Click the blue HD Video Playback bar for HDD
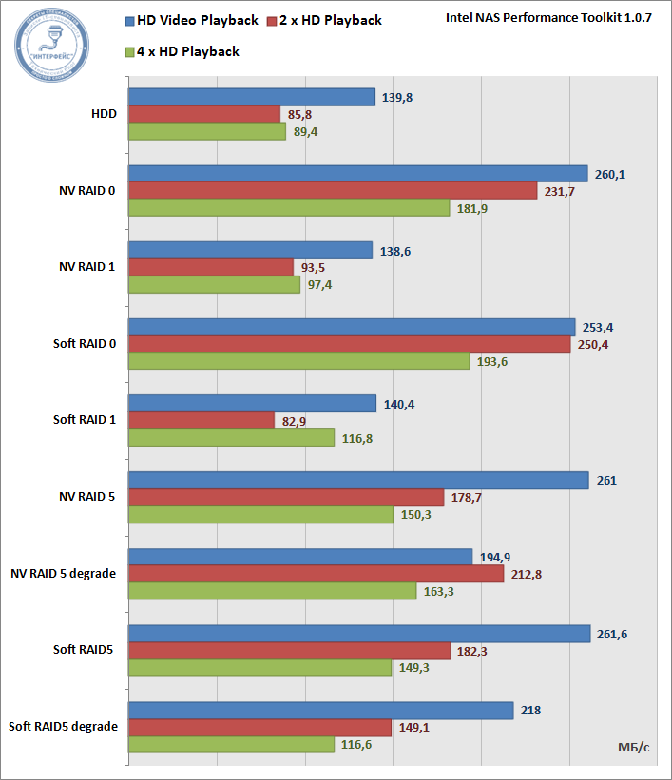pyautogui.click(x=251, y=97)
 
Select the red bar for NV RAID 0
pyautogui.click(x=333, y=191)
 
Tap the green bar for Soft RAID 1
pyautogui.click(x=231, y=437)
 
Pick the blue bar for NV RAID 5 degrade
pyautogui.click(x=299, y=557)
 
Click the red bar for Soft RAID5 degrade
pyautogui.click(x=259, y=728)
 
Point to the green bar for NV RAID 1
pyautogui.click(x=214, y=285)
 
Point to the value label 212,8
pyautogui.click(x=527, y=574)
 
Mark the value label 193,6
pyautogui.click(x=493, y=362)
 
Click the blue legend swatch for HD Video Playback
pyautogui.click(x=128, y=20)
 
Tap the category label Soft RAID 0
pyautogui.click(x=85, y=343)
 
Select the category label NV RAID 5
pyautogui.click(x=87, y=496)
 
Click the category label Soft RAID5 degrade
pyautogui.click(x=64, y=727)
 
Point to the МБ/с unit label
pyautogui.click(x=626, y=748)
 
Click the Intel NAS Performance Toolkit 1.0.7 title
pyautogui.click(x=548, y=19)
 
